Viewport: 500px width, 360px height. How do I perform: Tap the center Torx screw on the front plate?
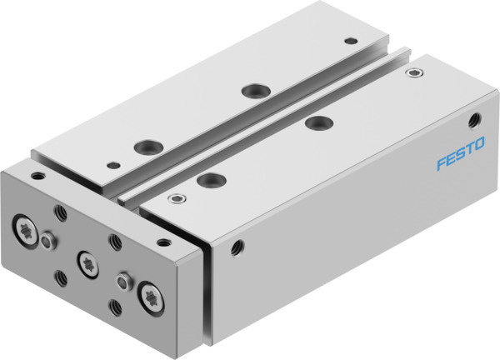[x=86, y=263]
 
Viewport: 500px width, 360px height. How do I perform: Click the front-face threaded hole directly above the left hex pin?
[x=59, y=211]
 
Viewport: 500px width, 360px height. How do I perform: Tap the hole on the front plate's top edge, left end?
[x=37, y=176]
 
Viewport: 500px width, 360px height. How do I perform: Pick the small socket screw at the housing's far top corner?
[x=410, y=72]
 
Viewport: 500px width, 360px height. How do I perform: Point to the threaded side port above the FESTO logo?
[x=477, y=120]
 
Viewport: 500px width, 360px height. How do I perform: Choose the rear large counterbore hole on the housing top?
[x=314, y=124]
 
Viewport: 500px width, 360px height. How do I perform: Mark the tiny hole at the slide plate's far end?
[x=350, y=40]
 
